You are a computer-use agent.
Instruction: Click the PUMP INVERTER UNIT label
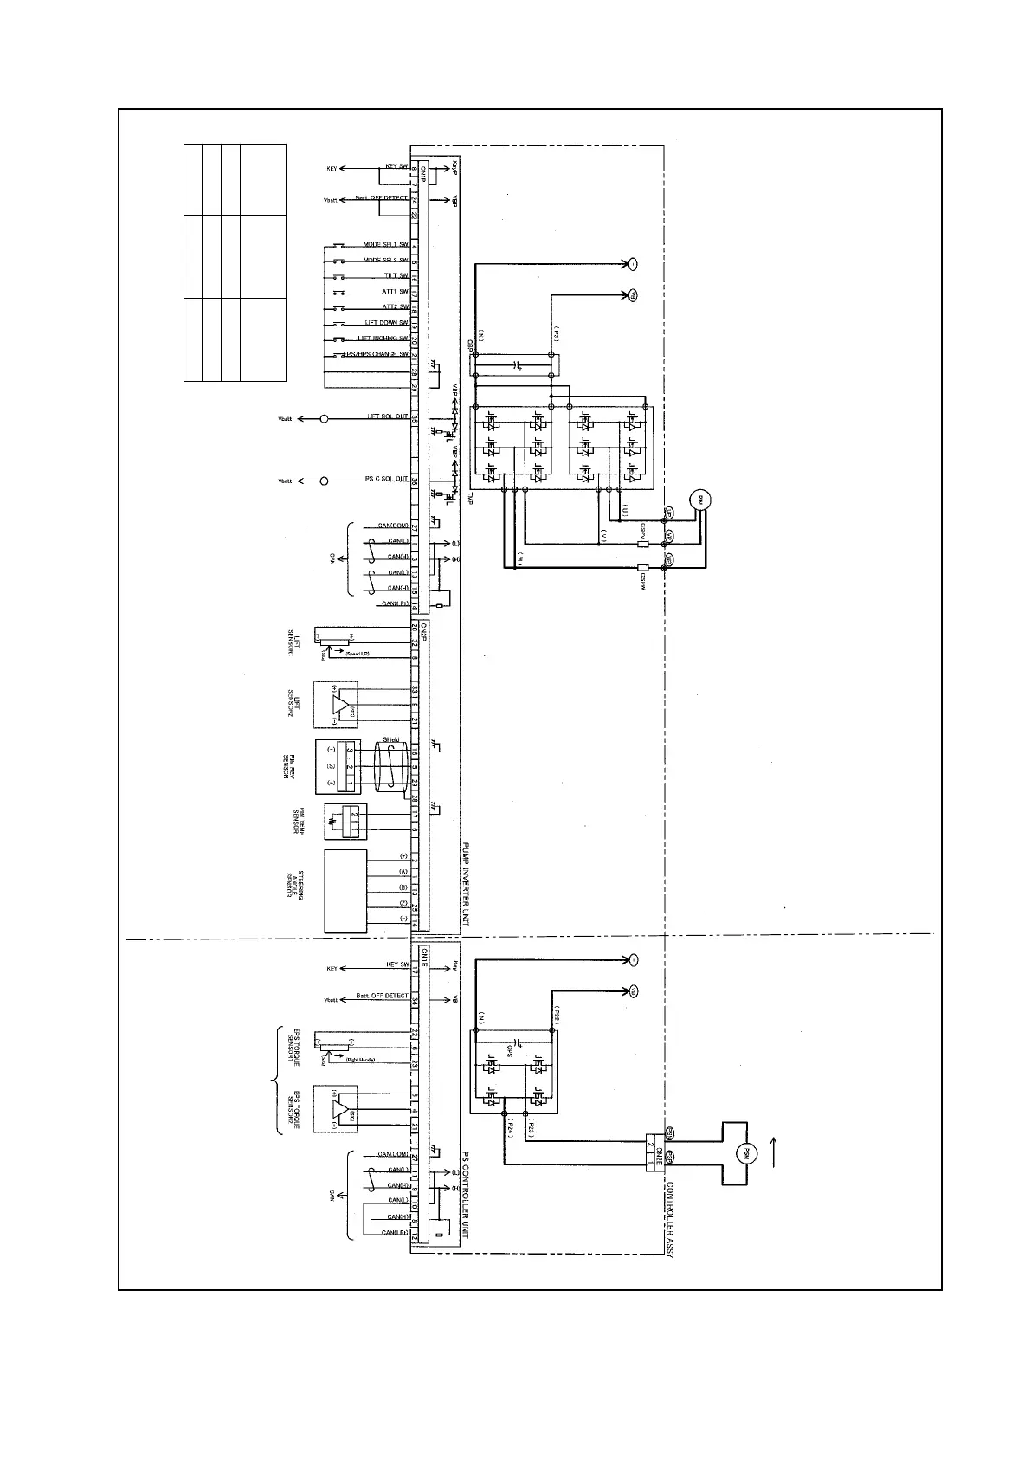tap(465, 883)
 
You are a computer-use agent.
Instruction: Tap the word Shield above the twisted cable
tap(390, 739)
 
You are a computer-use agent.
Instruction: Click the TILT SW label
tap(396, 276)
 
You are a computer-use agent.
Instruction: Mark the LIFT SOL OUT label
tap(387, 418)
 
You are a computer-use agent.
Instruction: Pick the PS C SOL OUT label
tap(387, 481)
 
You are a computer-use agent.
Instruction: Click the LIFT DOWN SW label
tap(386, 323)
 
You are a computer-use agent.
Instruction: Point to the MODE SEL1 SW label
tap(386, 245)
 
